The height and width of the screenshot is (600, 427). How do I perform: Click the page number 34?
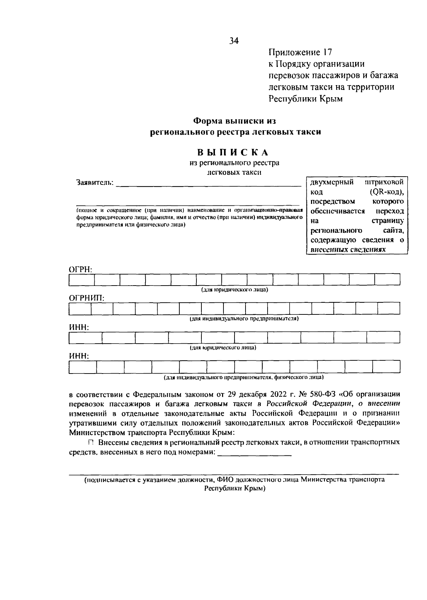coord(234,41)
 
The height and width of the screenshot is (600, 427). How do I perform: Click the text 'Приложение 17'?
coord(300,53)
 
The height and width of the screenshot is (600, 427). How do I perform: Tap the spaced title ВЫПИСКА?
coord(233,152)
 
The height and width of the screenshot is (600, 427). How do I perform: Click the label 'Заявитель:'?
coord(95,183)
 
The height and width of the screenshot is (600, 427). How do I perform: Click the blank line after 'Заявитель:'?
coord(209,184)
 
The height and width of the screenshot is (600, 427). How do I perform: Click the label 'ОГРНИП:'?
coord(86,298)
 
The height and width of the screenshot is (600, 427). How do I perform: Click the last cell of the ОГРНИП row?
coord(389,309)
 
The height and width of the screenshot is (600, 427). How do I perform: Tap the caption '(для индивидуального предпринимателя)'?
coord(244,319)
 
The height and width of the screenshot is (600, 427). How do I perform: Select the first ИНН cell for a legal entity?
coord(85,338)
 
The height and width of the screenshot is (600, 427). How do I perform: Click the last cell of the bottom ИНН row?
coord(386,367)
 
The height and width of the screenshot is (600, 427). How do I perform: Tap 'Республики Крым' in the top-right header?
coord(305,99)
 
